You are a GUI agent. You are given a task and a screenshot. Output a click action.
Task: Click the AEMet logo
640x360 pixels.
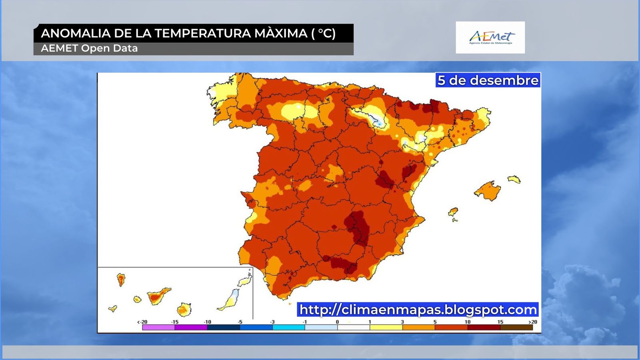(490, 38)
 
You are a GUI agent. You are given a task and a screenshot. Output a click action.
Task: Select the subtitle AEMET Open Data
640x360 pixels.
(89, 48)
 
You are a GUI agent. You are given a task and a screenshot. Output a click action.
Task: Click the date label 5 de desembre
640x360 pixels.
(488, 80)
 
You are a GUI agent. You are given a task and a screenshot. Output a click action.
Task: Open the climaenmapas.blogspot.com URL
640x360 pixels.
(418, 310)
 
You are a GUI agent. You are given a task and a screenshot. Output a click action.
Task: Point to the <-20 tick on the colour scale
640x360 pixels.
(142, 322)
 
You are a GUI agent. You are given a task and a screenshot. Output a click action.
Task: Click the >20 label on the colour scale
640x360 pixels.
(532, 322)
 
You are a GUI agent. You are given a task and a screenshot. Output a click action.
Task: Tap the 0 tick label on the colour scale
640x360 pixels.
(337, 322)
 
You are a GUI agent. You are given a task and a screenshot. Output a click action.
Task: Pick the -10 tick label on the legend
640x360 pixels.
(207, 322)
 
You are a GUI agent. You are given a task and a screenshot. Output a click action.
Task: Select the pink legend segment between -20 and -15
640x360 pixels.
(158, 327)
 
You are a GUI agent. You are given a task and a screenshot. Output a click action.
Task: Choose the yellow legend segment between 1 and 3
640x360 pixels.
(386, 327)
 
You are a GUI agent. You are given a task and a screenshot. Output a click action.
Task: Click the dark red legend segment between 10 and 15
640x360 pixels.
(484, 327)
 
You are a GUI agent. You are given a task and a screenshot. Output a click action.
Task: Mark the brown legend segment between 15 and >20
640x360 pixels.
(516, 327)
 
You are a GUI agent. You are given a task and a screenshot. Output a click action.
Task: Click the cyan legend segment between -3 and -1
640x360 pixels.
(288, 327)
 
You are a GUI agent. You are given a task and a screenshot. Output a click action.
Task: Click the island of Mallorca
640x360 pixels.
(488, 190)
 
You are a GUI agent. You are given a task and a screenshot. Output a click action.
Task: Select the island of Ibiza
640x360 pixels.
(453, 212)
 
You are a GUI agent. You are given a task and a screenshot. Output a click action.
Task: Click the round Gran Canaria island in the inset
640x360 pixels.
(184, 309)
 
